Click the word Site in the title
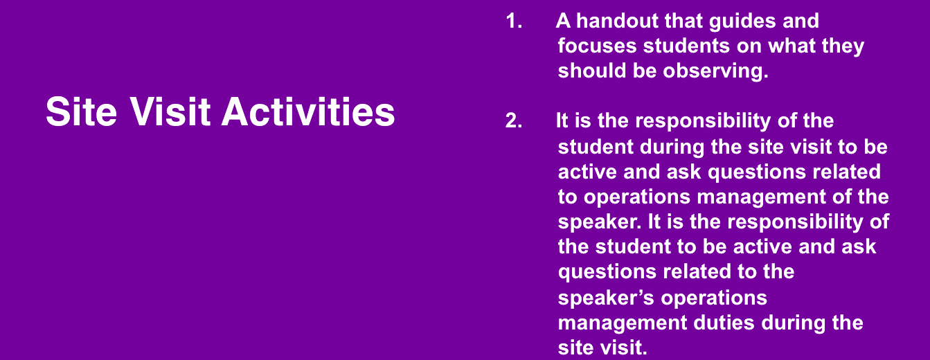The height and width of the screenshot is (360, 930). (x=82, y=111)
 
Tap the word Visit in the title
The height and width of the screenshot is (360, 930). (x=170, y=111)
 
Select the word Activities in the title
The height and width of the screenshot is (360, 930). (x=308, y=111)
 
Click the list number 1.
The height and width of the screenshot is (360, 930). (x=514, y=21)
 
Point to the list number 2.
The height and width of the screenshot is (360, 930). (x=514, y=121)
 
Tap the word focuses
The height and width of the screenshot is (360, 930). (x=597, y=46)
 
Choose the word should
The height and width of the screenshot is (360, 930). (x=592, y=71)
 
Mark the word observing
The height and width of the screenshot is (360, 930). (x=715, y=71)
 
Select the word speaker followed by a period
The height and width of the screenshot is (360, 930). (x=600, y=222)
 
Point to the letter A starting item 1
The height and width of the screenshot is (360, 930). (x=564, y=21)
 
